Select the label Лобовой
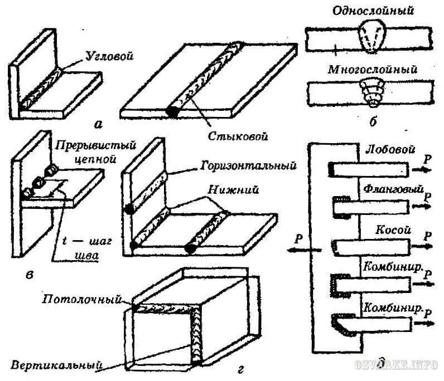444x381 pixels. click(x=384, y=150)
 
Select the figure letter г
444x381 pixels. click(x=239, y=368)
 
